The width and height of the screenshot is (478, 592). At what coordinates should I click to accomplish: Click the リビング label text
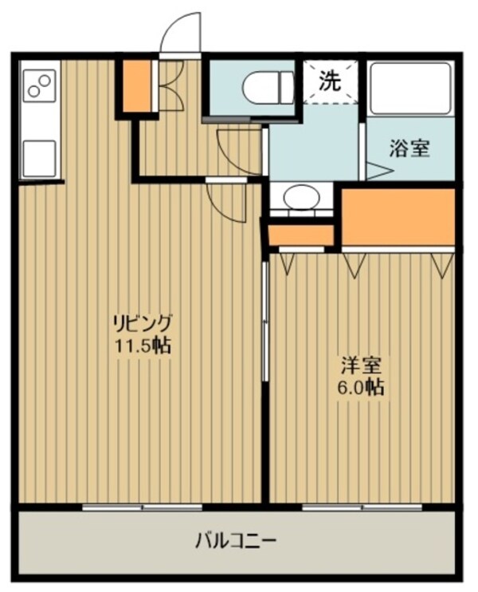(143, 324)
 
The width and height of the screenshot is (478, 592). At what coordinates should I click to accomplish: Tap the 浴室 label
(410, 148)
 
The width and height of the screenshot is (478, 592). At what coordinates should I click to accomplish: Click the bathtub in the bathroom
(409, 85)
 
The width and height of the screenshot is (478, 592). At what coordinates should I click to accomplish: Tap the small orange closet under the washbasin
(301, 235)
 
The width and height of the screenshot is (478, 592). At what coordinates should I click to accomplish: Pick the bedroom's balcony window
(362, 507)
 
